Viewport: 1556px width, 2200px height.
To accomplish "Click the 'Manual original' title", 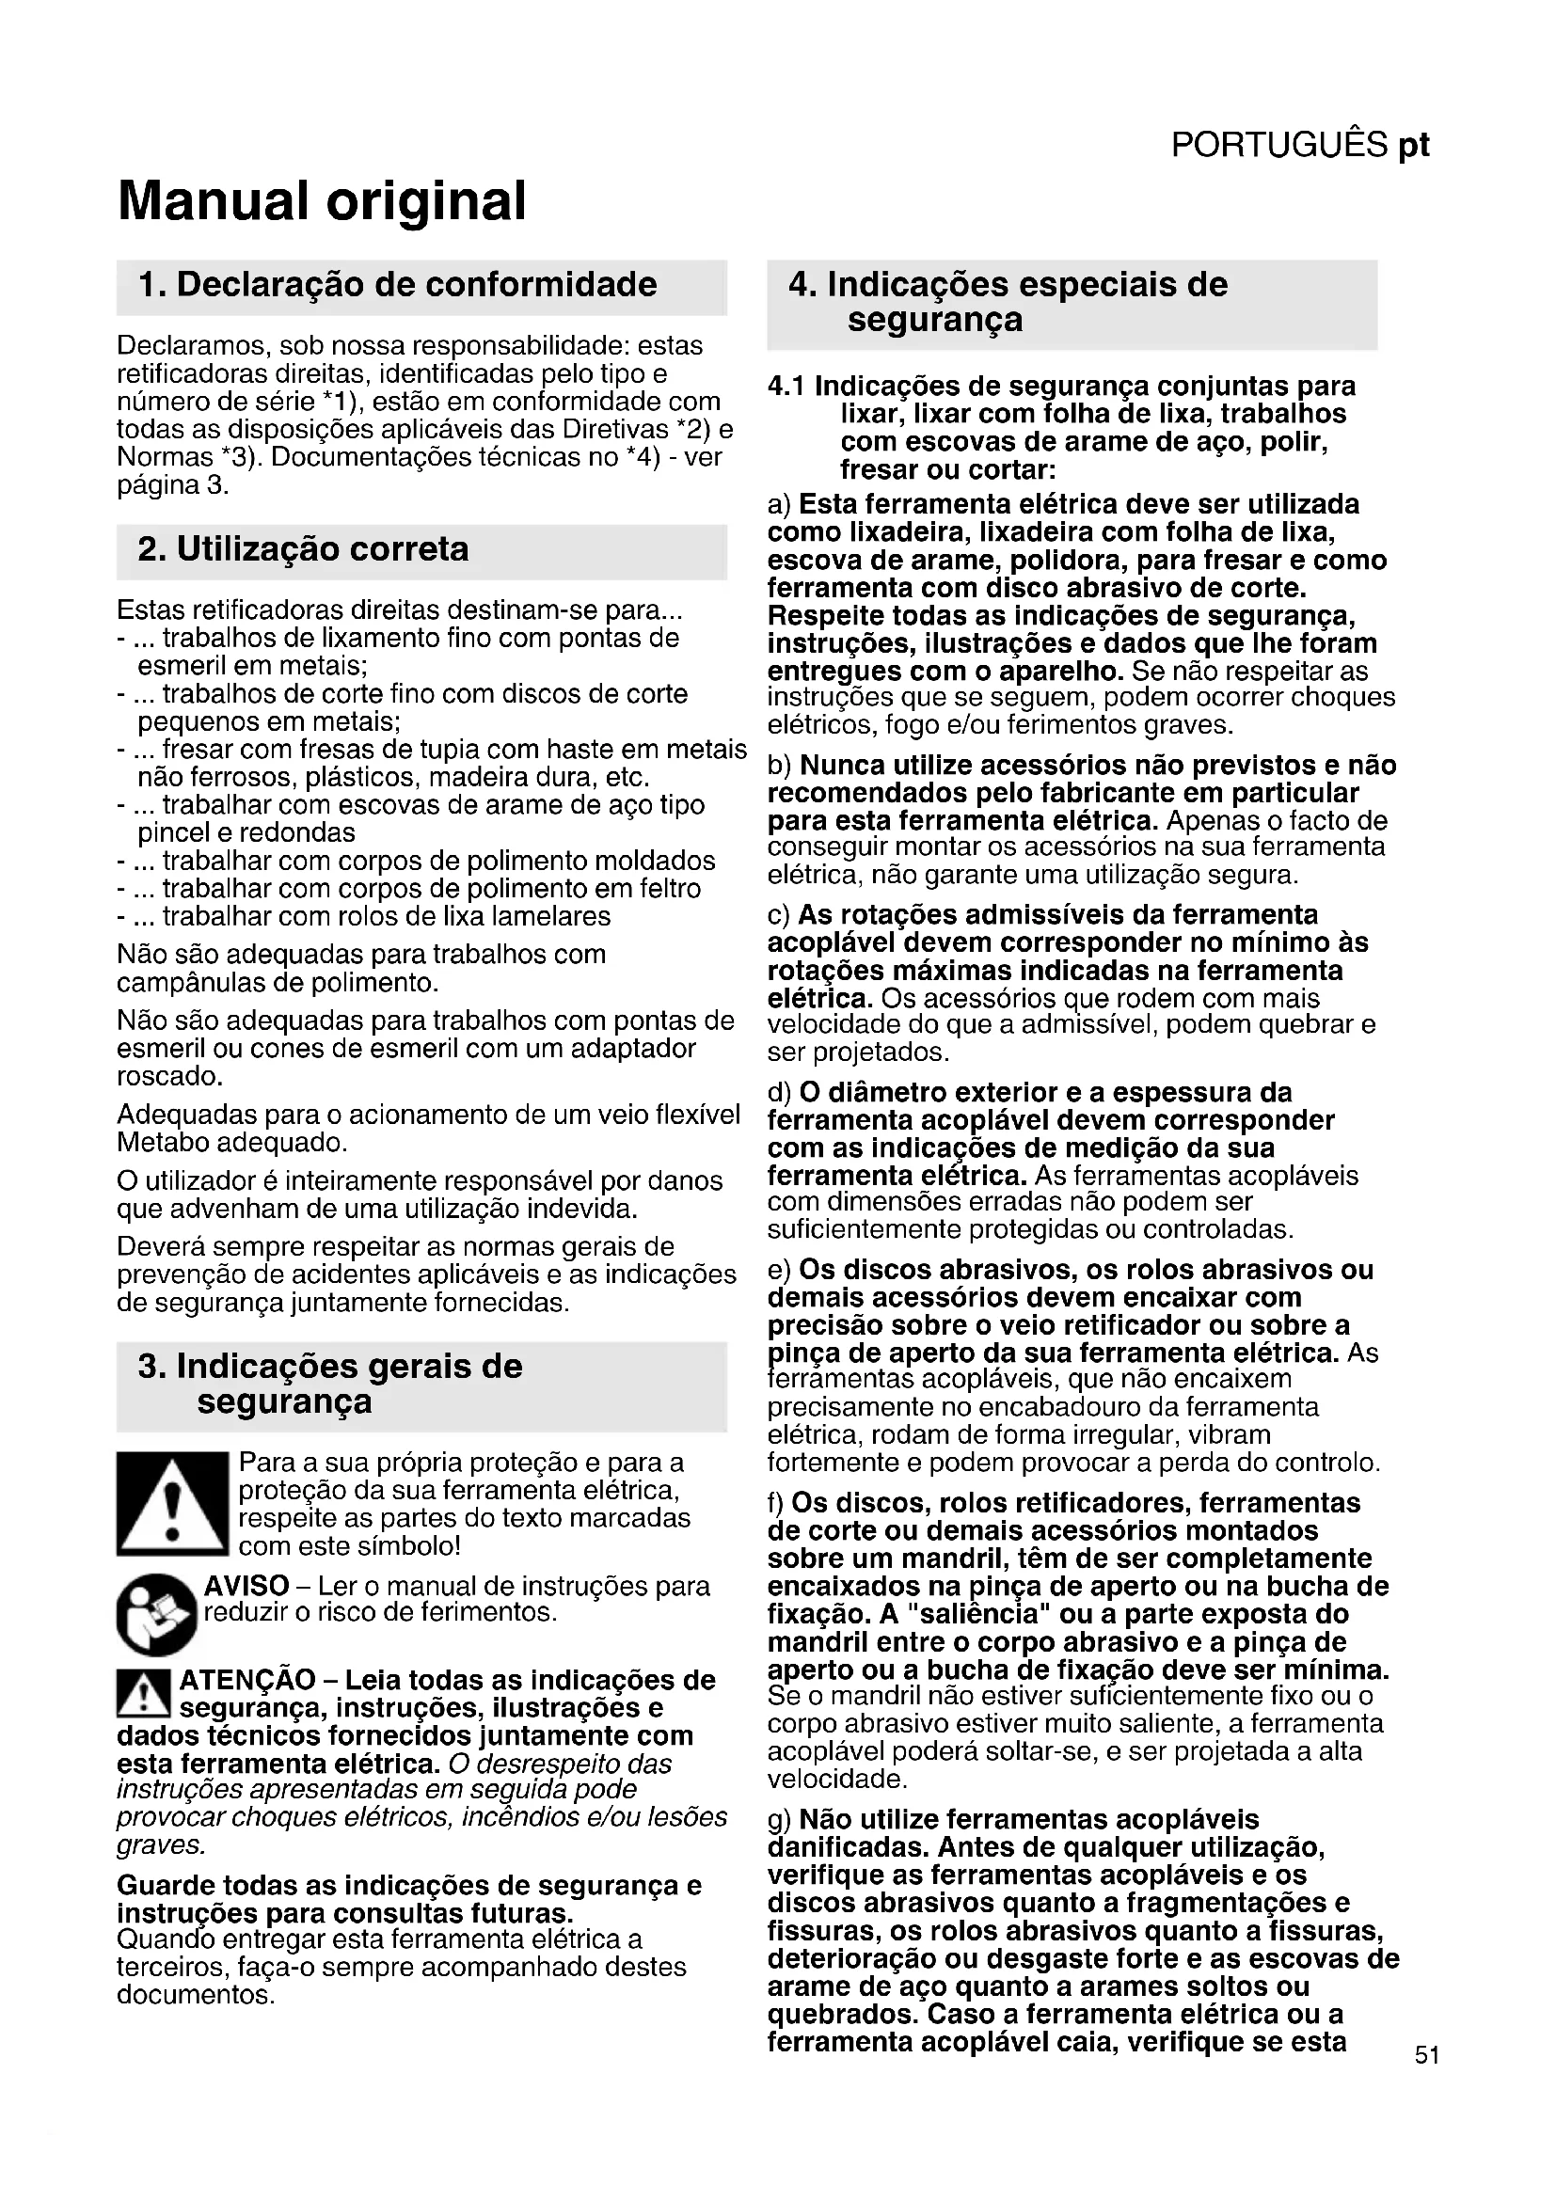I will click(322, 201).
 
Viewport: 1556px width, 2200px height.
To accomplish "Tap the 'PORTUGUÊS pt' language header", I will click(1299, 145).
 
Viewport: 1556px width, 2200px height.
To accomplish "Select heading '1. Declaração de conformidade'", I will click(398, 285).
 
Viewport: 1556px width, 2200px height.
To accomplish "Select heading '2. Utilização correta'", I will click(303, 549).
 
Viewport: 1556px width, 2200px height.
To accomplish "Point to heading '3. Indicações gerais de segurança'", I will click(330, 1384).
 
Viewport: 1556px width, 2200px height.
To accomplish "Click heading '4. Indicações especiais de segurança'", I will click(1008, 301).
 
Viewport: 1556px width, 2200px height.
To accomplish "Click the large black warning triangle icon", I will click(171, 1502).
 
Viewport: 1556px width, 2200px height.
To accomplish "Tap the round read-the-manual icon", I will click(156, 1615).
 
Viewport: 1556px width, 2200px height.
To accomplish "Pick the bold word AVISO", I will click(246, 1586).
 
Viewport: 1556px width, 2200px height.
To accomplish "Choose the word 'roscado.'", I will click(169, 1076).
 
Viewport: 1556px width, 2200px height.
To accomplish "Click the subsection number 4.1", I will click(786, 387).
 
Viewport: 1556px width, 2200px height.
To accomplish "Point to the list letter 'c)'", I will click(780, 915).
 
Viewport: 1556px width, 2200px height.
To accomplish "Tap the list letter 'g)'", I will click(780, 1820).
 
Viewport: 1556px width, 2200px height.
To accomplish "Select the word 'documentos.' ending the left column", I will click(196, 1995).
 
